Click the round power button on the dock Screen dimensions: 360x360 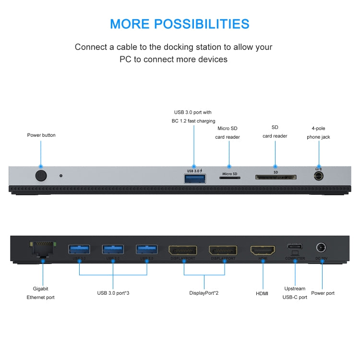point(41,175)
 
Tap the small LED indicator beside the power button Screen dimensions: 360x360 point(61,175)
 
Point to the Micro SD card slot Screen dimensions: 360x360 point(229,178)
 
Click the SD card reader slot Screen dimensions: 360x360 point(276,178)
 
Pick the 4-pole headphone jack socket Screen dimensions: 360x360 point(318,176)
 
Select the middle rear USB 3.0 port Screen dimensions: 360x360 point(113,249)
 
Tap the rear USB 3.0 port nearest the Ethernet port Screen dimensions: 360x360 point(79,249)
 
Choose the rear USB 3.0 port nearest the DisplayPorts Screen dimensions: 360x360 point(146,249)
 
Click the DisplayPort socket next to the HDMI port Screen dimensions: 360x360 point(223,251)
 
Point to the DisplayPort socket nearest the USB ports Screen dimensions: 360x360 point(182,251)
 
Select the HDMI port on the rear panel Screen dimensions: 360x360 point(263,250)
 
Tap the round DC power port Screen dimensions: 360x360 point(321,248)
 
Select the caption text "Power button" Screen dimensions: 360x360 point(41,135)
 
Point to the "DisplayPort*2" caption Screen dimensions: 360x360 point(204,293)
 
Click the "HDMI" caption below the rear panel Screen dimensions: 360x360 point(262,293)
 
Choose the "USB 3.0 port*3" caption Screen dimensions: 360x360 point(113,293)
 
